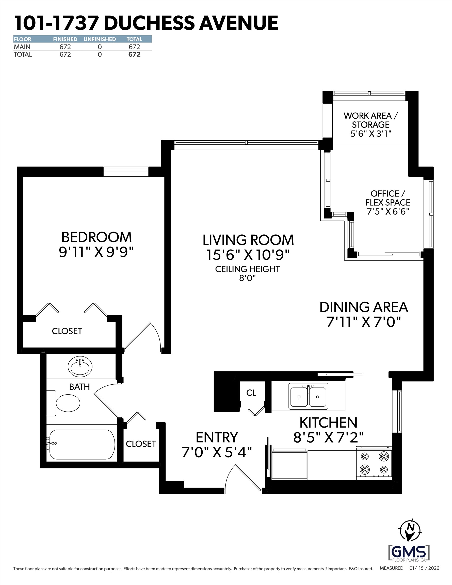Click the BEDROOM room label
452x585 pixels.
point(96,237)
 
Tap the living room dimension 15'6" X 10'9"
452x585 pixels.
point(248,255)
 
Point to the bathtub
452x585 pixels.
point(82,444)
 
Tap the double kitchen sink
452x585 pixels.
point(308,397)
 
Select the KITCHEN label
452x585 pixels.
point(328,423)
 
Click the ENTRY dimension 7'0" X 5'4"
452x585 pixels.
point(217,452)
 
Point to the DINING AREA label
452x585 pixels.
point(364,307)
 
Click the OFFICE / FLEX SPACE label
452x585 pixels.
point(388,198)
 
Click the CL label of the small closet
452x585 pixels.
point(251,393)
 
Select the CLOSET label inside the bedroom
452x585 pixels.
point(67,331)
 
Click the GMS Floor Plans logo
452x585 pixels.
point(409,552)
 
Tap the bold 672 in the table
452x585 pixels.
point(134,54)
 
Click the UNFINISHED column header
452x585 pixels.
point(100,39)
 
